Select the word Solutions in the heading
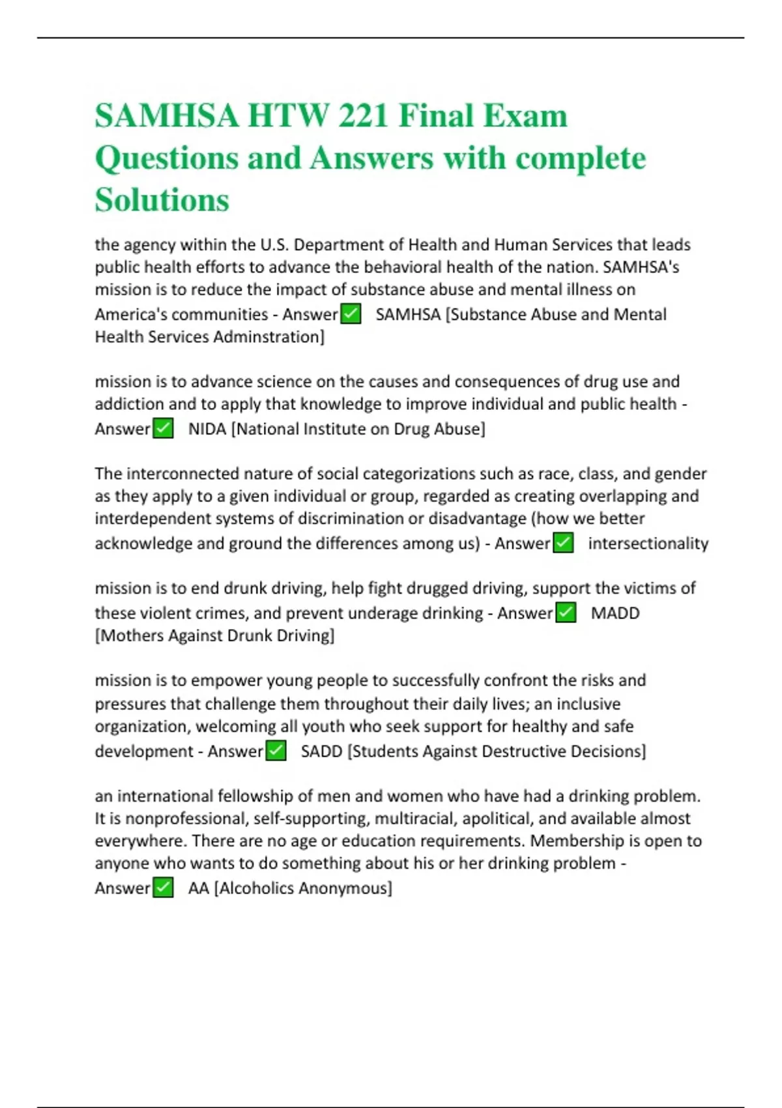162,199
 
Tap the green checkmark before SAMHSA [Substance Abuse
351,314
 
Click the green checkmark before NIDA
163,429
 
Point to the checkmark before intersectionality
563,543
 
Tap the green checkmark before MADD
566,613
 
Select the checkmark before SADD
276,751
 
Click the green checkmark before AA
163,888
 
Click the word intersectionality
648,544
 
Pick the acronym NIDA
207,429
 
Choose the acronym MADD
615,613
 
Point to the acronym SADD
321,751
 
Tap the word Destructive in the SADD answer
515,751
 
